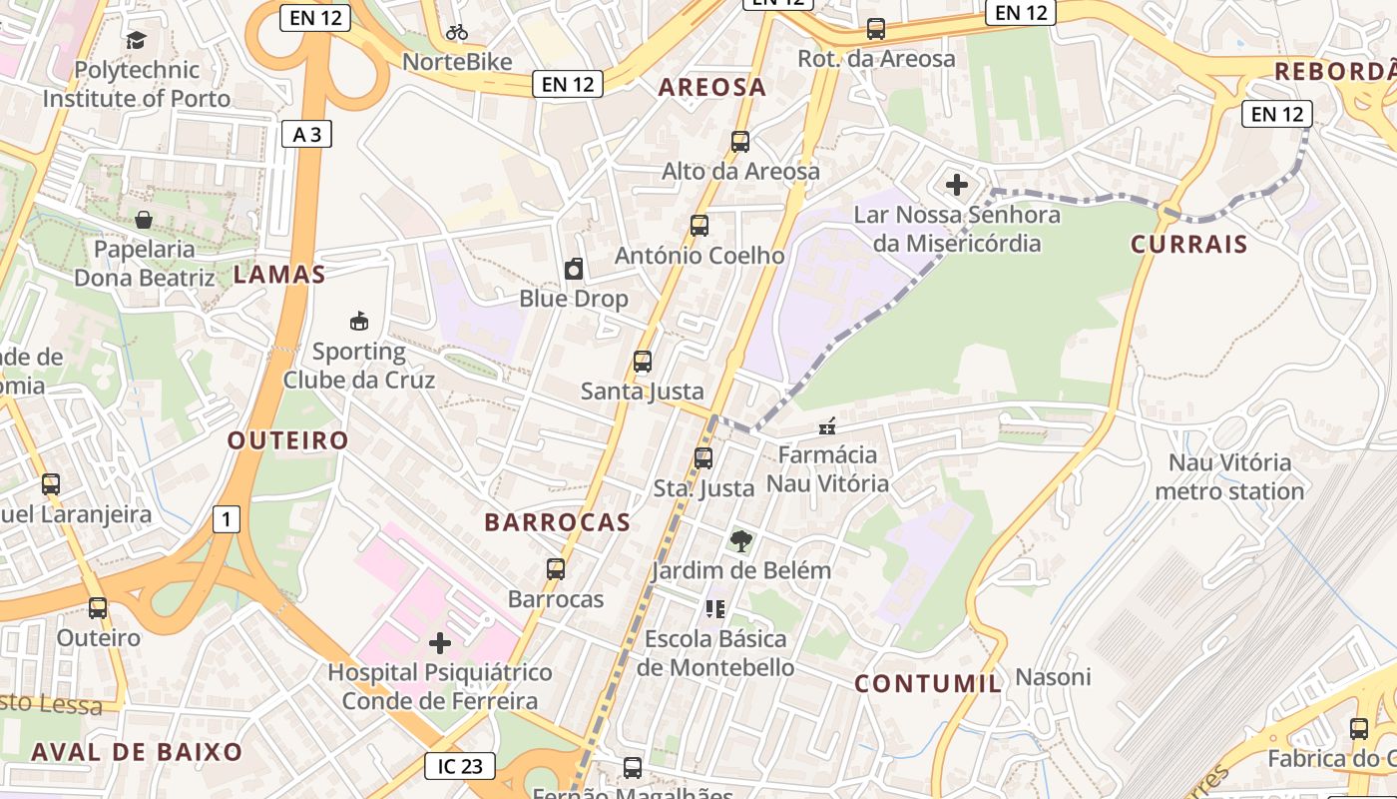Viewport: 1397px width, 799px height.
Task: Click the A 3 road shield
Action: point(306,134)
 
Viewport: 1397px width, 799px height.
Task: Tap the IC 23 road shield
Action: point(460,766)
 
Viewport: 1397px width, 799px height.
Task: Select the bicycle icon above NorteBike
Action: point(457,32)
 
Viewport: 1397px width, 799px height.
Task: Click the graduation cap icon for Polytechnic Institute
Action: point(136,40)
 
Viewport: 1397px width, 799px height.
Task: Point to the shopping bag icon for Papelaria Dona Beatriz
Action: point(145,219)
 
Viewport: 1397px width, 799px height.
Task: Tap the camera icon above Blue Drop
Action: point(574,269)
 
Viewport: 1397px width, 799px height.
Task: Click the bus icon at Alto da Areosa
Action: point(739,141)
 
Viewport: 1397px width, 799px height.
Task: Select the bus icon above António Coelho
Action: point(699,226)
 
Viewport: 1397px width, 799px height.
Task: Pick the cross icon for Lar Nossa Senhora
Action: point(957,185)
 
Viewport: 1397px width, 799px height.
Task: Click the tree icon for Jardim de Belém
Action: point(740,541)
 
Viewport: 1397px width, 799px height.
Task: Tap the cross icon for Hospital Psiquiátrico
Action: point(440,642)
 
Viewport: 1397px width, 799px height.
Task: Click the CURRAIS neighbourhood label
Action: point(1188,244)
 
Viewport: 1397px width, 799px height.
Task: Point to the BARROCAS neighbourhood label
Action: point(557,521)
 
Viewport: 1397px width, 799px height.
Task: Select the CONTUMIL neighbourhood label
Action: point(928,683)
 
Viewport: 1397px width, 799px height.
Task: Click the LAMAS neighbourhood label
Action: point(279,275)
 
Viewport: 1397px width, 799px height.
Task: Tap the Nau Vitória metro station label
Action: point(1229,476)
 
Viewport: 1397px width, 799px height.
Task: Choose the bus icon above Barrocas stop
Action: point(556,569)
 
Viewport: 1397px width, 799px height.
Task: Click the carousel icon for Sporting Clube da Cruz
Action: point(359,322)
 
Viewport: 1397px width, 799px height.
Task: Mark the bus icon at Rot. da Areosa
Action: point(876,29)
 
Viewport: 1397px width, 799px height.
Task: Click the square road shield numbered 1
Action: point(227,519)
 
